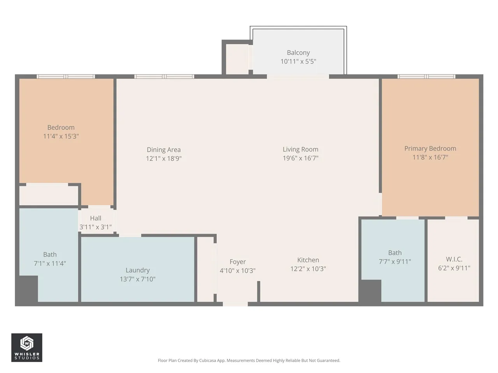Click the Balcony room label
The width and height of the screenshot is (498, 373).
[x=298, y=52]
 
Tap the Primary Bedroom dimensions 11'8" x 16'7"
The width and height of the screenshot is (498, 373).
[x=430, y=157]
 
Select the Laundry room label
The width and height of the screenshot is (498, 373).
[x=138, y=270]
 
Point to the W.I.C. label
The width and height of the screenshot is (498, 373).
[x=454, y=259]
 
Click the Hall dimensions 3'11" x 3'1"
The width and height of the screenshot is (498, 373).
[x=96, y=227]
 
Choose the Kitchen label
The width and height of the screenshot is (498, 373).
[x=308, y=260]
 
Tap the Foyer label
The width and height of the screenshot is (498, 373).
[x=238, y=262]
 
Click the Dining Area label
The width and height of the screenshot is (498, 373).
[x=163, y=150]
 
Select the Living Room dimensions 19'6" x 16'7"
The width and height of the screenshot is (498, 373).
[x=300, y=158]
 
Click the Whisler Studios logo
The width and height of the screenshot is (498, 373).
[x=27, y=348]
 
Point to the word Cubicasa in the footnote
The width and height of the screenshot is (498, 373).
[x=208, y=360]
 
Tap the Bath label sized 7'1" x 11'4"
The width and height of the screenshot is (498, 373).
[x=50, y=254]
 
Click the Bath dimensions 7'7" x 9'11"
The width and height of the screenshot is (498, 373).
[x=395, y=261]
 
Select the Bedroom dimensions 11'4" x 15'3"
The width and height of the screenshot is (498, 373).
[x=61, y=136]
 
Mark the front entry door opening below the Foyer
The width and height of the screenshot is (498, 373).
[x=235, y=304]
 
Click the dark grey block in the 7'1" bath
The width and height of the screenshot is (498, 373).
[x=28, y=289]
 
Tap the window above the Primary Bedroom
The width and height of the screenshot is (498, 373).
[x=426, y=77]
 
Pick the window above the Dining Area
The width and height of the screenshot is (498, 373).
[x=164, y=77]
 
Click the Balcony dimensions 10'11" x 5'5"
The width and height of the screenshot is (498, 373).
[x=298, y=61]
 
